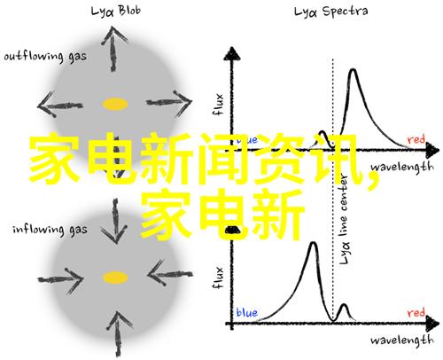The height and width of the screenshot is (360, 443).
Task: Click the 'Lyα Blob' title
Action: [x=116, y=12]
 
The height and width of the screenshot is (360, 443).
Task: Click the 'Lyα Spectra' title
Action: [x=330, y=12]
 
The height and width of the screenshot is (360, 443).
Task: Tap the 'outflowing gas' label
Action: [x=45, y=57]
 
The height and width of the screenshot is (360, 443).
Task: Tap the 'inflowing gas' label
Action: [x=50, y=230]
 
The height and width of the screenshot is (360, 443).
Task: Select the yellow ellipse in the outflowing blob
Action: [x=115, y=104]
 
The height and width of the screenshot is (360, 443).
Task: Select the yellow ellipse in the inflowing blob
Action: [x=115, y=278]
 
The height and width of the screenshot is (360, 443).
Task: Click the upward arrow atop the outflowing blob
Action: [x=113, y=49]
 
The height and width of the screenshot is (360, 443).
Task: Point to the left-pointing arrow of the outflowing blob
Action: [x=60, y=105]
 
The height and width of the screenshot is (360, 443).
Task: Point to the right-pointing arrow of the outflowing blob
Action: [x=169, y=103]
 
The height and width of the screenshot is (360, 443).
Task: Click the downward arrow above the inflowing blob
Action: [x=115, y=221]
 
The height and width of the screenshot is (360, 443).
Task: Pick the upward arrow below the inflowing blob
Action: [x=119, y=334]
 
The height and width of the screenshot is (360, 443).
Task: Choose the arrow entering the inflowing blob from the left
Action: [x=60, y=278]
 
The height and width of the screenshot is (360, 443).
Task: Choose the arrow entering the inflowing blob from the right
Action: [x=170, y=274]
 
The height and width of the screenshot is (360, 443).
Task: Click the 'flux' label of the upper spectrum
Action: [x=218, y=105]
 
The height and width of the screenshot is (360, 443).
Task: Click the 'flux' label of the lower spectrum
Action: [x=218, y=278]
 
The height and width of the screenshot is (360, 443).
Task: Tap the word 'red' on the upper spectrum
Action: [x=416, y=139]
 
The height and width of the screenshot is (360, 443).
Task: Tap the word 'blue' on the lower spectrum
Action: [x=247, y=312]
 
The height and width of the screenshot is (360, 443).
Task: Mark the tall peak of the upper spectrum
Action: [x=353, y=70]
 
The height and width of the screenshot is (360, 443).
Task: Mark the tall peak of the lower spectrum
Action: [x=314, y=243]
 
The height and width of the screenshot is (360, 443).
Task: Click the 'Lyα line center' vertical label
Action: [x=344, y=219]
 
